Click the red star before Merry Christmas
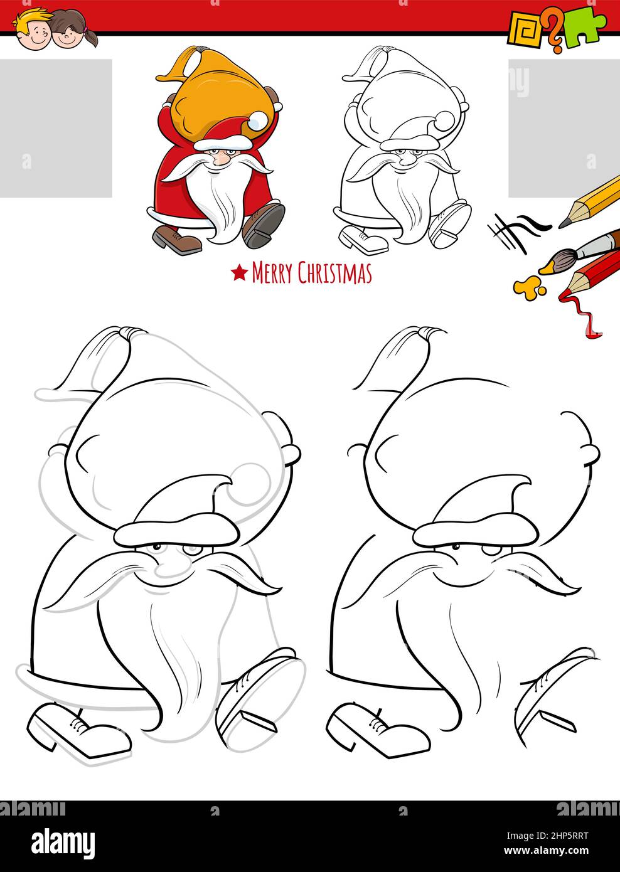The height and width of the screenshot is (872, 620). tap(239, 274)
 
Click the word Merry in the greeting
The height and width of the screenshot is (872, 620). tap(272, 273)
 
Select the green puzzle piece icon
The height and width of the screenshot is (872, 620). tap(585, 26)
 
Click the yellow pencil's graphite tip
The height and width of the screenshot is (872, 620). tap(564, 223)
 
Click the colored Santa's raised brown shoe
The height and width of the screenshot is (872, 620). tap(264, 225)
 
